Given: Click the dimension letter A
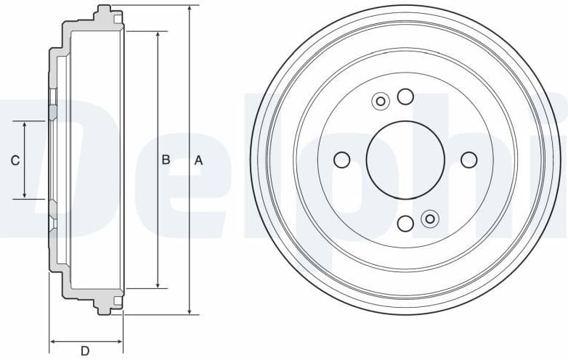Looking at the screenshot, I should coord(198,160).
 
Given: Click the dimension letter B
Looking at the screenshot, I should coord(166,160).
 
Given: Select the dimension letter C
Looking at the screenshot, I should coord(15,160).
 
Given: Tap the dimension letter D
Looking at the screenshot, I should coord(85,351).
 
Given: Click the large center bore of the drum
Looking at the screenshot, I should coord(405,160).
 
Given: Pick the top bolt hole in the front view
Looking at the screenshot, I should coord(405,96).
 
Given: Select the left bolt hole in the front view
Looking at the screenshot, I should coord(341,160).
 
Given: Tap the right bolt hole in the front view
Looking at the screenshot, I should coord(469,160).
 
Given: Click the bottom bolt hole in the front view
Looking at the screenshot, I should coord(405,224).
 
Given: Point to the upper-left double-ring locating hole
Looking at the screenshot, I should coord(379,102).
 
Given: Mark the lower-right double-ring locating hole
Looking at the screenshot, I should coord(430,218).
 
